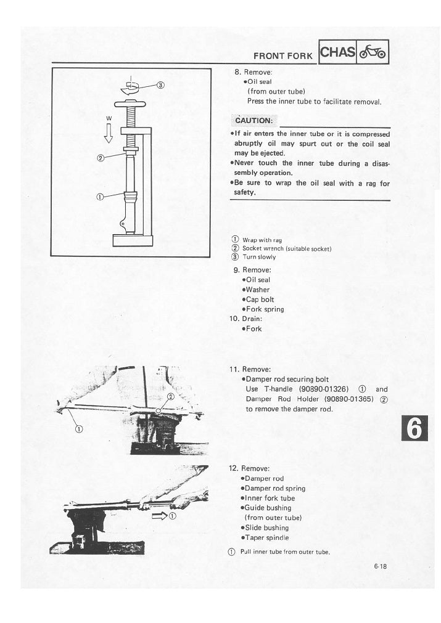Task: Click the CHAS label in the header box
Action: click(339, 53)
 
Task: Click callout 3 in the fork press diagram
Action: click(160, 85)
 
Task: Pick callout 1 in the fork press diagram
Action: click(100, 197)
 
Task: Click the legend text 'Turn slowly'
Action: click(259, 257)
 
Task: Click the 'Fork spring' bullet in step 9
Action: click(265, 309)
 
